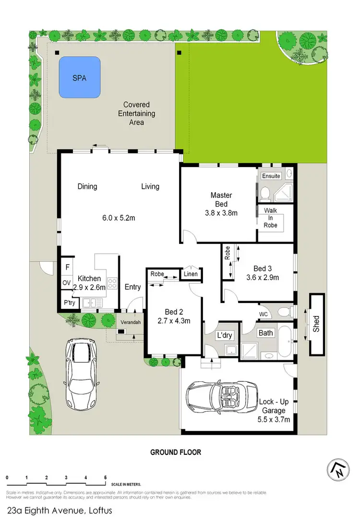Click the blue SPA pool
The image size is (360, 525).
click(x=79, y=77)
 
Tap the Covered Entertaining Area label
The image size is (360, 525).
click(x=136, y=113)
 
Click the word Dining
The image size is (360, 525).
click(x=87, y=186)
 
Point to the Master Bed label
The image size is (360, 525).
click(x=221, y=199)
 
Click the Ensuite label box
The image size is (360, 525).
click(x=271, y=176)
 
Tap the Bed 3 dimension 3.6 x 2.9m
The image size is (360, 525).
click(x=262, y=277)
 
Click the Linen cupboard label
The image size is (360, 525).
click(x=191, y=274)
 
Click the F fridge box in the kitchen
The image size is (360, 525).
click(x=66, y=267)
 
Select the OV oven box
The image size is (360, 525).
click(x=66, y=282)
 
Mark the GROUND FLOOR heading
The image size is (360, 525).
click(x=176, y=452)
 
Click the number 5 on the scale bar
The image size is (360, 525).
click(x=105, y=477)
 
